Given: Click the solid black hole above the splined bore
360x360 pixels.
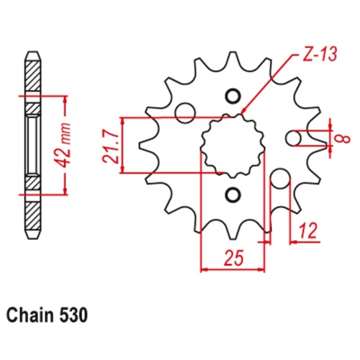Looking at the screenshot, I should click(x=233, y=96).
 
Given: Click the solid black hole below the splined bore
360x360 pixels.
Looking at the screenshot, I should click(x=233, y=194).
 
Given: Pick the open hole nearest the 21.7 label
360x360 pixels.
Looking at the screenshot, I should click(x=185, y=111).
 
